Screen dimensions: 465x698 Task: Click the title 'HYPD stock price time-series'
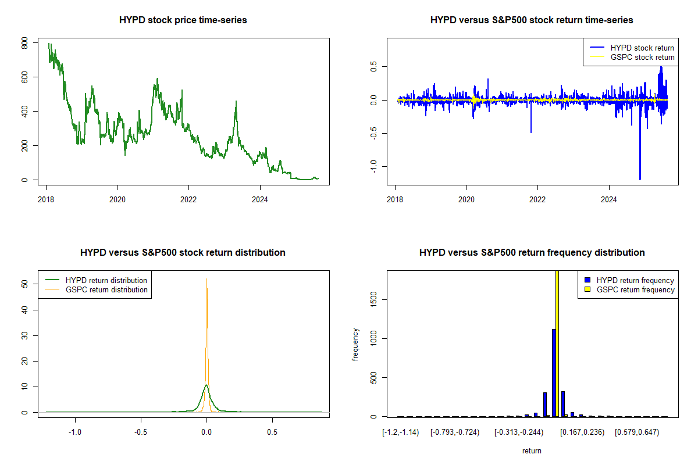[183, 20]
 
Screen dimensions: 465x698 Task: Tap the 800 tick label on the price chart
[24, 44]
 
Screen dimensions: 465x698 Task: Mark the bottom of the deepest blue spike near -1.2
[640, 179]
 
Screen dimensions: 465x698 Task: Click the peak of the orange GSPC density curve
[206, 279]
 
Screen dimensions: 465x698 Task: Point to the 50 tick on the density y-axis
[24, 284]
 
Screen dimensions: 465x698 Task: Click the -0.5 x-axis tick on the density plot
[140, 432]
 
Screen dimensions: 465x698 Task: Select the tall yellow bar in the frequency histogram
[557, 343]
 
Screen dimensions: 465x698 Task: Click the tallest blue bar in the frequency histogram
[554, 372]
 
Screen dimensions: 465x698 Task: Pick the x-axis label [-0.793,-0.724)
[455, 432]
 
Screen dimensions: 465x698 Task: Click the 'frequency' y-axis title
[355, 344]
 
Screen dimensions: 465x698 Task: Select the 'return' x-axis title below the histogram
[532, 450]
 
